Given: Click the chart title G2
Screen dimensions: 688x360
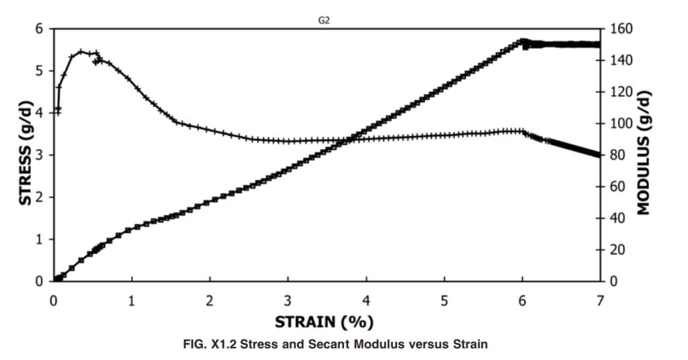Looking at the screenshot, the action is [324, 21].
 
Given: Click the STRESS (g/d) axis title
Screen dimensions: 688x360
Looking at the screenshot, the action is [26, 154].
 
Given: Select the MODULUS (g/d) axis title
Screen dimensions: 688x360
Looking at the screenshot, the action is [644, 153].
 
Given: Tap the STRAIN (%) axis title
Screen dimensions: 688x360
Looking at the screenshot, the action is [325, 322].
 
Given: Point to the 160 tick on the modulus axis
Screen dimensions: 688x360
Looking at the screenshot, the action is [621, 29].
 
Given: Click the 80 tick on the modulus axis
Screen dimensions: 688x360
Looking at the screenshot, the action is [618, 155].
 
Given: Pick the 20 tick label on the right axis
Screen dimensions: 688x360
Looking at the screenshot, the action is [618, 250].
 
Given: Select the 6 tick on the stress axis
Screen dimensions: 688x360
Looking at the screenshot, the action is [40, 29].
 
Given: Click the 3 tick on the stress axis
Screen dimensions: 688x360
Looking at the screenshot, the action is [40, 155].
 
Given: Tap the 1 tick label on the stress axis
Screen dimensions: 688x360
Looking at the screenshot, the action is [40, 239].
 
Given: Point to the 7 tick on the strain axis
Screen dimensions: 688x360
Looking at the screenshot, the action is [600, 301].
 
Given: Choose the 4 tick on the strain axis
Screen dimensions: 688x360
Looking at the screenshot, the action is [366, 301].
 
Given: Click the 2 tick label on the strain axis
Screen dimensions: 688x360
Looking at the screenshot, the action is [210, 301].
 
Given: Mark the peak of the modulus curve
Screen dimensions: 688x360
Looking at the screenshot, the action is [81, 51].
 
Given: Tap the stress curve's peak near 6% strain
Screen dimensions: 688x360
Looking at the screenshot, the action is [522, 41].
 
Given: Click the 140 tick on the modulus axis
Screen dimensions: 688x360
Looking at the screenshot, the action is [621, 60].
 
